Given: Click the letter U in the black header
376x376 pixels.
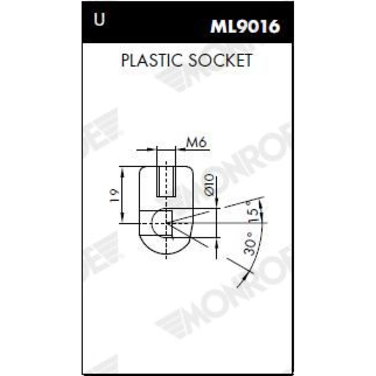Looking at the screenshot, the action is click(99, 19).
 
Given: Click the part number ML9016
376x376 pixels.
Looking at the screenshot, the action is click(245, 26).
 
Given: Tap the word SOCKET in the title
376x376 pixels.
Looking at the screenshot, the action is click(220, 60).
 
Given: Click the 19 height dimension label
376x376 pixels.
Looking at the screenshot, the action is click(114, 196).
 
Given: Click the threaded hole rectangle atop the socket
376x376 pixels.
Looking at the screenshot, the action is click(166, 182).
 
